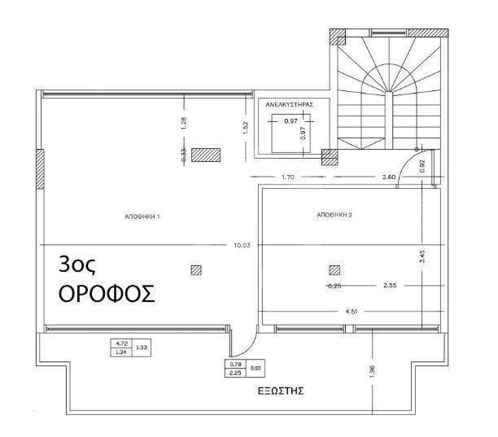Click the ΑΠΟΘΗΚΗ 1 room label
(142, 216)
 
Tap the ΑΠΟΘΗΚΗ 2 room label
(334, 215)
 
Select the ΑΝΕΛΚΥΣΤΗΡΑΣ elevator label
(290, 104)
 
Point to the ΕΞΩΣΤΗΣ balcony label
(281, 391)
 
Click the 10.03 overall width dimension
(242, 245)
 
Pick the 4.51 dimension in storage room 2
(352, 311)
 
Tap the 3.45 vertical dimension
(422, 256)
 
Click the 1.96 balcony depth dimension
(373, 372)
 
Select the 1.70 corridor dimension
(288, 177)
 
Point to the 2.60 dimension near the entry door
(389, 177)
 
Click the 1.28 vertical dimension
(184, 123)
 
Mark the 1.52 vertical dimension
(246, 128)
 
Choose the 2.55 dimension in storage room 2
(390, 285)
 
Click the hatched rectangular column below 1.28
(206, 155)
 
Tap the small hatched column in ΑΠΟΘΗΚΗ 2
(334, 270)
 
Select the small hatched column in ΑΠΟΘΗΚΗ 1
(196, 270)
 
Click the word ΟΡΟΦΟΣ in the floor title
(107, 294)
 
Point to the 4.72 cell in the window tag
(121, 343)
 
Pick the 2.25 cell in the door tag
(235, 374)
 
